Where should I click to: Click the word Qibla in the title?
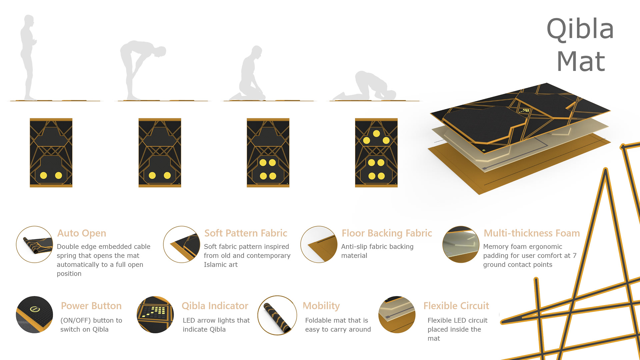coord(580,29)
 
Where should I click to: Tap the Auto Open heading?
coord(82,233)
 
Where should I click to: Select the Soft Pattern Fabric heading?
coord(246,233)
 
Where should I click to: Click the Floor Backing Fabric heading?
coord(387,233)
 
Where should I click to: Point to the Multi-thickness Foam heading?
coord(532,233)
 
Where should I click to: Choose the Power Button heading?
coord(91,306)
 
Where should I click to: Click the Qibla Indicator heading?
coord(215,306)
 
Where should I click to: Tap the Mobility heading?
coord(321,306)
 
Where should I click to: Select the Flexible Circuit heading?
coord(456,306)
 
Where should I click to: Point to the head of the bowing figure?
coord(161,51)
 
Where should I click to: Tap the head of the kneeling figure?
coord(257,51)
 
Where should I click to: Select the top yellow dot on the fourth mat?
coord(376,134)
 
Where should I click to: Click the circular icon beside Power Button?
coord(34,315)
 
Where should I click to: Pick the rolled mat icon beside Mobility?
coord(277,315)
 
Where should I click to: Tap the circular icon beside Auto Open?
coord(34,244)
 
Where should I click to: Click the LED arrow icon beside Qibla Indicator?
coord(155,315)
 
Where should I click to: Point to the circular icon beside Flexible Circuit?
coord(397,315)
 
